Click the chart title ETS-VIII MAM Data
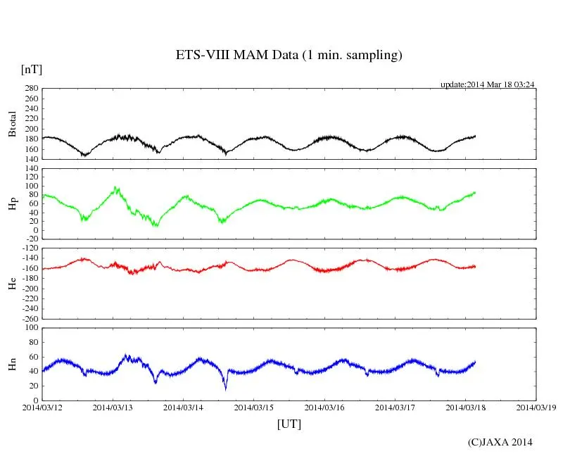[x=289, y=56]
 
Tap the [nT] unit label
[x=31, y=70]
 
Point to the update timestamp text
[x=488, y=84]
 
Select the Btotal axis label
[x=12, y=124]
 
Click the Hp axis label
[x=12, y=204]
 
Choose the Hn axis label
[x=12, y=364]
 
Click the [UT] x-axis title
[x=289, y=424]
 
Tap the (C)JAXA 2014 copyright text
[x=500, y=442]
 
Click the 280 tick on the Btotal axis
[x=30, y=89]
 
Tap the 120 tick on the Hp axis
[x=30, y=169]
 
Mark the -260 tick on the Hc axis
[x=27, y=318]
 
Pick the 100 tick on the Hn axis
[x=30, y=328]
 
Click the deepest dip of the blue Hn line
[x=226, y=388]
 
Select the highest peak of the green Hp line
[x=116, y=188]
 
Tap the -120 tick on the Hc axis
[x=27, y=249]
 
